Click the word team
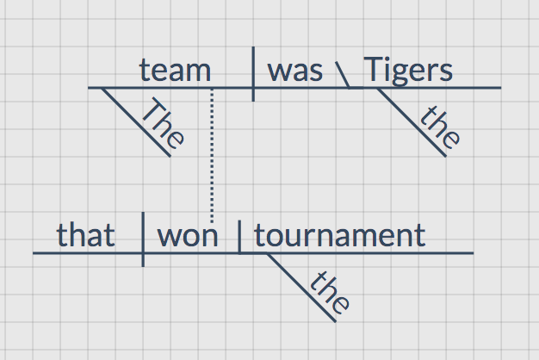pyautogui.click(x=175, y=70)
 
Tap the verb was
pyautogui.click(x=295, y=70)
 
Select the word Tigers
pyautogui.click(x=408, y=70)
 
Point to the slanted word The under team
pyautogui.click(x=163, y=125)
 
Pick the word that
pyautogui.click(x=85, y=235)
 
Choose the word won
pyautogui.click(x=188, y=235)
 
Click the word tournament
pyautogui.click(x=339, y=235)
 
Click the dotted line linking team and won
pyautogui.click(x=212, y=155)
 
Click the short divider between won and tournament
pyautogui.click(x=239, y=239)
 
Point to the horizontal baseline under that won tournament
pyautogui.click(x=387, y=253)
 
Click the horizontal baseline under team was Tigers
pyautogui.click(x=465, y=87)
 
